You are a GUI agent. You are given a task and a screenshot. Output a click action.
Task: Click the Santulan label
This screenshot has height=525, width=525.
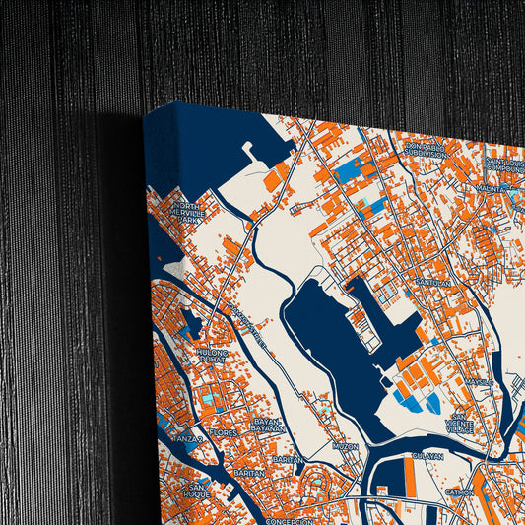click(433, 283)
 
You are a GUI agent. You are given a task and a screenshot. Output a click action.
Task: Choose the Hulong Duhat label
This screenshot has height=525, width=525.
click(212, 356)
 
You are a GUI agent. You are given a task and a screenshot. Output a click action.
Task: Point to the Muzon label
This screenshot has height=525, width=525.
click(346, 446)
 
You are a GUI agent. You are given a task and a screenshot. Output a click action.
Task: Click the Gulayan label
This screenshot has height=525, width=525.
click(427, 456)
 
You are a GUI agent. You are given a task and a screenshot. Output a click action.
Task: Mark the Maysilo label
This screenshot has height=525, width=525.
click(481, 380)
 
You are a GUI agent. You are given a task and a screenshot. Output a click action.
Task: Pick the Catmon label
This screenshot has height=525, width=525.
click(460, 491)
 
